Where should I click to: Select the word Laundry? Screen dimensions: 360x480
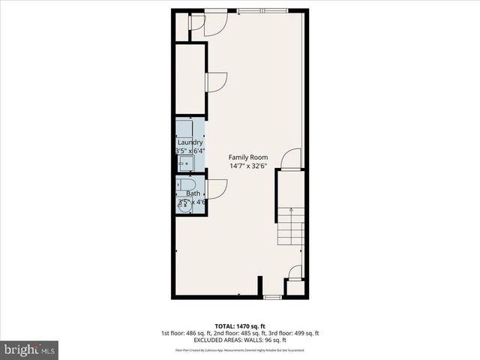pos(190,142)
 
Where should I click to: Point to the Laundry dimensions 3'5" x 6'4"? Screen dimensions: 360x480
pos(190,151)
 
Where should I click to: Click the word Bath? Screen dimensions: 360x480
pos(193,193)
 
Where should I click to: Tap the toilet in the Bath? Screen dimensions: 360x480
pos(188,184)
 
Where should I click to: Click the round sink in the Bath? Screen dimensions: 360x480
pos(184,207)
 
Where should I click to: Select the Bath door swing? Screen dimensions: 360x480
pos(217,189)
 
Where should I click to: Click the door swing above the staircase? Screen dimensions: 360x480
pos(292,159)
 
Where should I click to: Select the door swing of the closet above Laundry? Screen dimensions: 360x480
pos(216,82)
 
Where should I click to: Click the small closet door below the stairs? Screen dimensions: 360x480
pos(295,272)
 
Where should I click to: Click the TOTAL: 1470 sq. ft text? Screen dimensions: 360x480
pos(240,326)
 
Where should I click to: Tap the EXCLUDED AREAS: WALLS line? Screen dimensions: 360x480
pos(240,340)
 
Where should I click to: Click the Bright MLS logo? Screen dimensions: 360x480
pos(29,349)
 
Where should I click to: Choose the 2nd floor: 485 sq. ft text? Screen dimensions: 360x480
pos(239,333)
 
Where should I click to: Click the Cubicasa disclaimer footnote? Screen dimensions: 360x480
pos(240,350)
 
